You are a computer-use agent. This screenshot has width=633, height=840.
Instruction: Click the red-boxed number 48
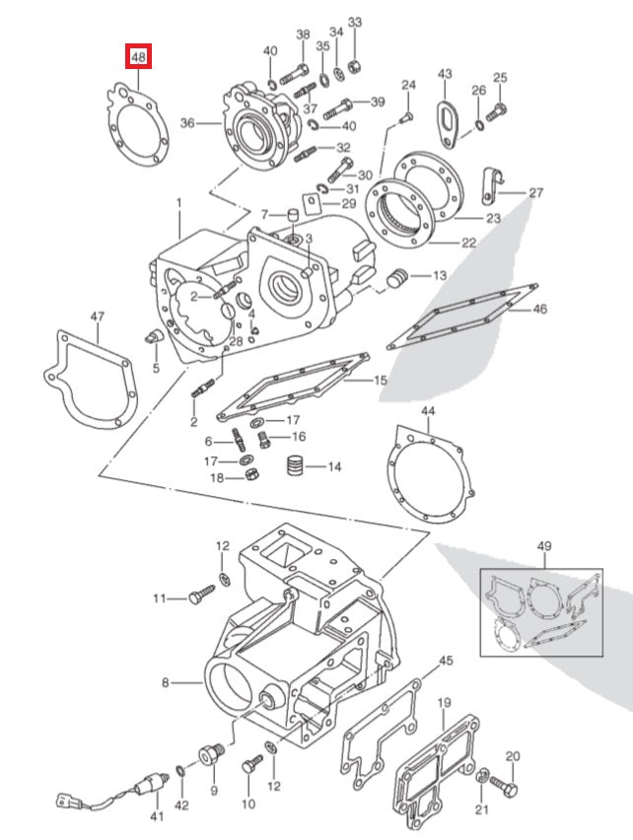point(139,58)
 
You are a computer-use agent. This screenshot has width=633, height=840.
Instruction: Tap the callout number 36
point(188,123)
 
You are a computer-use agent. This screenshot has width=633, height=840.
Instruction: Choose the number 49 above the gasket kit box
point(544,546)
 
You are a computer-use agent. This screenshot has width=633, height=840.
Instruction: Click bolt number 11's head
point(196,597)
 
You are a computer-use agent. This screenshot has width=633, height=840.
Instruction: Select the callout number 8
point(166,681)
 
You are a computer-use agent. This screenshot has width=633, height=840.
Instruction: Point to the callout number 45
point(446,661)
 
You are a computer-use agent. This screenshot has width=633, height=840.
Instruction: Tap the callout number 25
point(499,78)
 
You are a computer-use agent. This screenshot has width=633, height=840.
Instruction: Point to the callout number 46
point(539,309)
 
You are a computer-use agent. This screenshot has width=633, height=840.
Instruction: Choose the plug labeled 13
point(399,278)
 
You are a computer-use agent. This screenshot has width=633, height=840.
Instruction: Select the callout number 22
point(468,243)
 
